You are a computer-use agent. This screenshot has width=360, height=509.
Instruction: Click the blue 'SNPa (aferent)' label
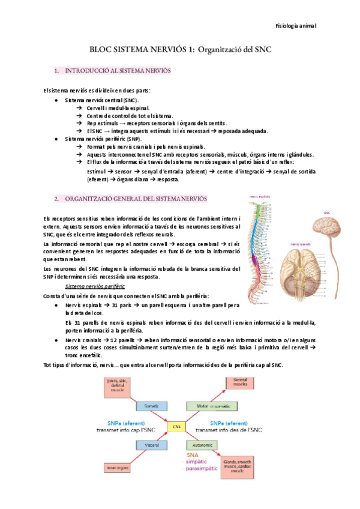click(126, 422)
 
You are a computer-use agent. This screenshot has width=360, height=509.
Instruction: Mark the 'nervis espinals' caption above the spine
click(260, 196)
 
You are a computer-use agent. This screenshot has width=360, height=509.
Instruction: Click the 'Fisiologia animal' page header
click(296, 26)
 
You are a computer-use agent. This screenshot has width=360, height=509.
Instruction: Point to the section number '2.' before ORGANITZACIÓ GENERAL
click(56, 198)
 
